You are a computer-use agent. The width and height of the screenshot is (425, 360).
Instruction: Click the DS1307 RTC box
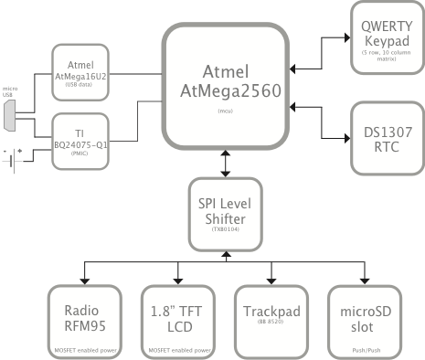tap(386, 138)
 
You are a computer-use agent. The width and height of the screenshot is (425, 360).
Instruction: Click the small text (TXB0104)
tap(224, 240)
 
